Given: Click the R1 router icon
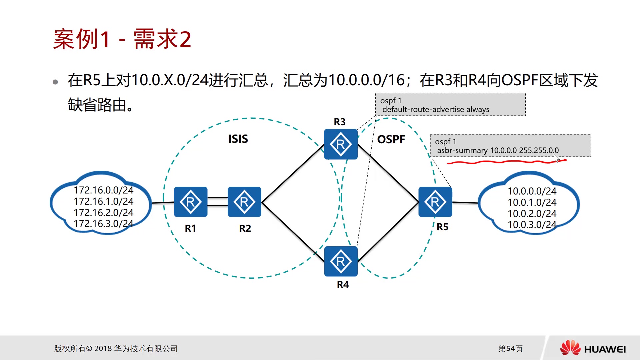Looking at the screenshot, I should click(x=191, y=202).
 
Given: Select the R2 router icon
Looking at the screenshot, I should click(x=244, y=202).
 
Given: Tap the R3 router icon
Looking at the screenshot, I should click(x=341, y=144).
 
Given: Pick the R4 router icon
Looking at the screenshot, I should click(x=341, y=261).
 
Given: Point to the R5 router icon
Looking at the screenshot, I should click(x=435, y=202).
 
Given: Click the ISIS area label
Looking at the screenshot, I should click(x=238, y=139).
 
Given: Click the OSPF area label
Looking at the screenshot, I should click(x=391, y=139).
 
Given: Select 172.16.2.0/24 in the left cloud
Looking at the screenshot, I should click(x=103, y=213).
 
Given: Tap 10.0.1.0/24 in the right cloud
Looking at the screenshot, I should click(x=532, y=202).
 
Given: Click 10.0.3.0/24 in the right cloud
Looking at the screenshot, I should click(x=532, y=225).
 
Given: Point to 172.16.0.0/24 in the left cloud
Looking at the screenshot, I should click(x=103, y=190).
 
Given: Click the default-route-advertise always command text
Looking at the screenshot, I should click(x=436, y=110).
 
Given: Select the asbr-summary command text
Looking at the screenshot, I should click(x=498, y=151).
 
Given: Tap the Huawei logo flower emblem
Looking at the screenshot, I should click(x=570, y=348).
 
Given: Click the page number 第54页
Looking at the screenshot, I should click(x=510, y=349).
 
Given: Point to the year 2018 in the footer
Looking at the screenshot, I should click(x=103, y=349).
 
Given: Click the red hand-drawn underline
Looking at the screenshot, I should click(x=507, y=162).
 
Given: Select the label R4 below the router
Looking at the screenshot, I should click(x=343, y=285).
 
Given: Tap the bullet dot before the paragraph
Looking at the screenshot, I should click(x=55, y=82).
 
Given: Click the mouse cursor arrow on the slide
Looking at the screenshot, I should click(x=556, y=158).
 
